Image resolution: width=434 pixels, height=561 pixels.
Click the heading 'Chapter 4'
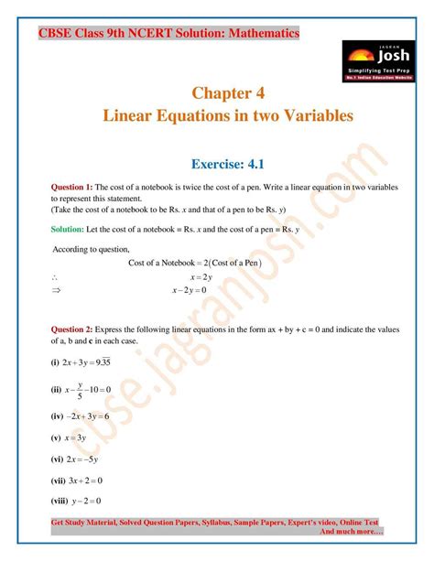(x=229, y=92)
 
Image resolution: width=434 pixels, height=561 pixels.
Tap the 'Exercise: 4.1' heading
(x=229, y=164)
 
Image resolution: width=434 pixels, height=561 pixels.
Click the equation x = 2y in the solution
(x=201, y=276)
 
